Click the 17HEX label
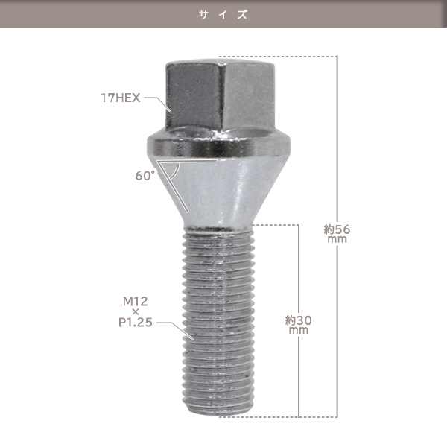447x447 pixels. (121, 98)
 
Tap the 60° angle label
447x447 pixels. (145, 176)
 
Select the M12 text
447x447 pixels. (136, 301)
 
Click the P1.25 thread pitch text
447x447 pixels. (136, 323)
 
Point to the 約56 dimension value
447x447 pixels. (337, 229)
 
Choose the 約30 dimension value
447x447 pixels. (299, 320)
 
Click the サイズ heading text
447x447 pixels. (223, 14)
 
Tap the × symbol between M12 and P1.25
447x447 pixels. (136, 312)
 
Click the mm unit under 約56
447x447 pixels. (337, 239)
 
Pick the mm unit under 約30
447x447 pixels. (299, 330)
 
